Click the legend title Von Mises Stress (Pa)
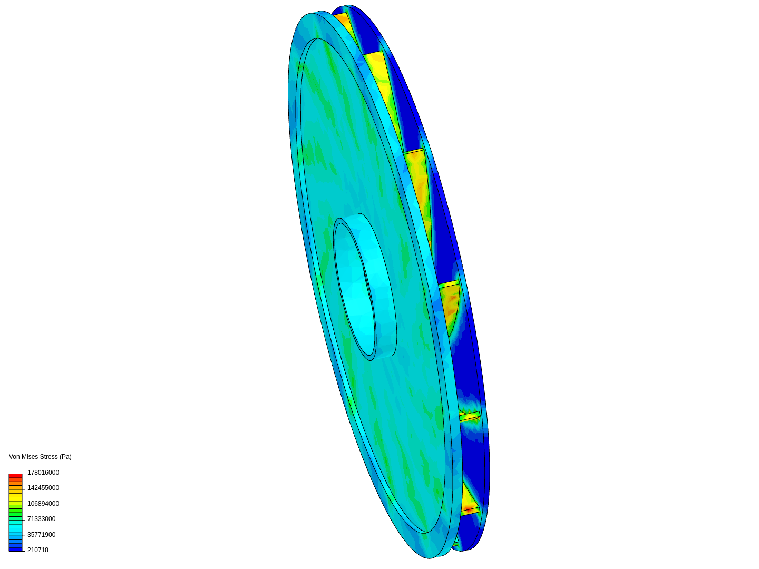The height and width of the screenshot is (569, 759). pyautogui.click(x=40, y=457)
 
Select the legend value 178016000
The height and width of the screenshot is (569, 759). pyautogui.click(x=43, y=473)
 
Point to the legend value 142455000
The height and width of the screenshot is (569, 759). pyautogui.click(x=43, y=488)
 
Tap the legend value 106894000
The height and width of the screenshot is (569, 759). pyautogui.click(x=43, y=504)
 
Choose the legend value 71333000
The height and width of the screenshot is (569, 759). pyautogui.click(x=42, y=519)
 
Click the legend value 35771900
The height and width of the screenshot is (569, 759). pyautogui.click(x=42, y=535)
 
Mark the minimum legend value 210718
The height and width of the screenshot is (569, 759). pyautogui.click(x=38, y=550)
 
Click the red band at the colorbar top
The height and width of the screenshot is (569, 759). pyautogui.click(x=16, y=476)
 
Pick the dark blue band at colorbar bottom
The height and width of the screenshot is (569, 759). pyautogui.click(x=16, y=550)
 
